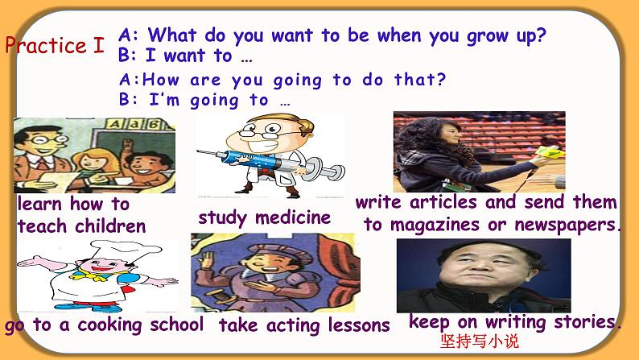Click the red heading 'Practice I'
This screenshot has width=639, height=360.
[x=55, y=45]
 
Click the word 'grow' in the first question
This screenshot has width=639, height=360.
[x=487, y=37]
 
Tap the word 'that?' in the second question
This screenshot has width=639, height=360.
[x=420, y=79]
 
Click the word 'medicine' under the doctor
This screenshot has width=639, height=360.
[x=293, y=217]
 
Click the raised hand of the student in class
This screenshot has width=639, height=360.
[x=128, y=144]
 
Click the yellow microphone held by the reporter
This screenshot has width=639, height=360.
[x=550, y=152]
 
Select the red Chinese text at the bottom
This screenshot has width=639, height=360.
[x=480, y=341]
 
